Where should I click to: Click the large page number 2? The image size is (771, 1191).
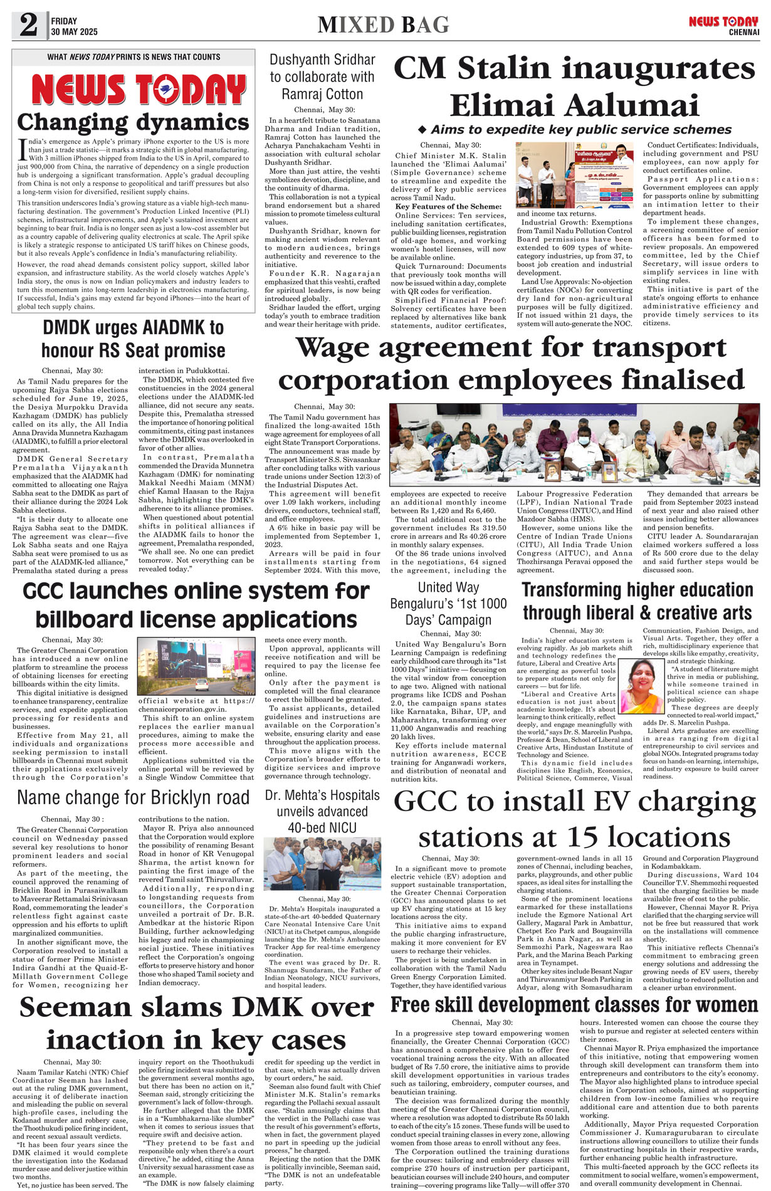[x=28, y=26]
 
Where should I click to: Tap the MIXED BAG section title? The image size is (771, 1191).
[x=383, y=25]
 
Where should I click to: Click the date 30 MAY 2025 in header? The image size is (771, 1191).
[x=75, y=32]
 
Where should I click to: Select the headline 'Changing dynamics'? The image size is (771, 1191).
[x=133, y=122]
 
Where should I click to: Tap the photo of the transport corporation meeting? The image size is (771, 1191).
[x=574, y=444]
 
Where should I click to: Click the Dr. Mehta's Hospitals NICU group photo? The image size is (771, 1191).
[x=322, y=863]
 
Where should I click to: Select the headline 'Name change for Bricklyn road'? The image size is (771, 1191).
[x=133, y=797]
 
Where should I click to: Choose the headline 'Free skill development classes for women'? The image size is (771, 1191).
[x=574, y=1004]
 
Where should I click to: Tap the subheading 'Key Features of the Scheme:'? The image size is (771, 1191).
[x=448, y=206]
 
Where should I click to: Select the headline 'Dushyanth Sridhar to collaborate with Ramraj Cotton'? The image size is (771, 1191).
[x=322, y=76]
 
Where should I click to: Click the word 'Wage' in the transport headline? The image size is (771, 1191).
[x=338, y=348]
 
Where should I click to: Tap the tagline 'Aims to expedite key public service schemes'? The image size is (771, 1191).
[x=574, y=129]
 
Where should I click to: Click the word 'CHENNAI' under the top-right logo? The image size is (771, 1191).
[x=743, y=32]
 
